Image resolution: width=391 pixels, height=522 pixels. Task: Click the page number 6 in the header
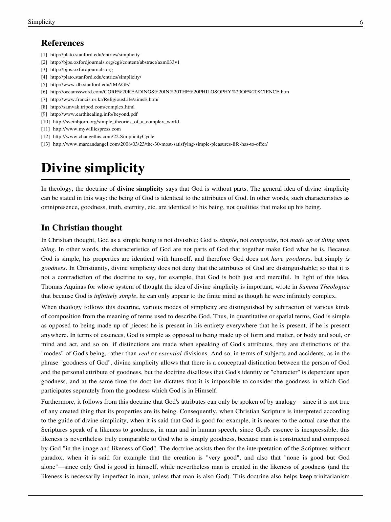click(361, 22)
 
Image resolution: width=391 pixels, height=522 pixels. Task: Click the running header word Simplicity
click(41, 22)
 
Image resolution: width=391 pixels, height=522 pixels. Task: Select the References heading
click(62, 43)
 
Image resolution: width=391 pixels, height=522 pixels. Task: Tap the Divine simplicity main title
click(93, 168)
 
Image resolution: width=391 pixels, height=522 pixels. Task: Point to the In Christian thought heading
click(81, 228)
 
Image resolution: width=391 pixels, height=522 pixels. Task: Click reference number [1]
click(44, 55)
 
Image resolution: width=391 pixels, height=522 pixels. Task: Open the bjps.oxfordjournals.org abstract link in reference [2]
click(115, 62)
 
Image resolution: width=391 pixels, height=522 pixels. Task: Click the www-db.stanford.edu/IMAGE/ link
click(90, 84)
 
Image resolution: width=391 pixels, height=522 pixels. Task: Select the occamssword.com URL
click(169, 92)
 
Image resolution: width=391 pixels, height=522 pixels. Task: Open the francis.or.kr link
click(104, 99)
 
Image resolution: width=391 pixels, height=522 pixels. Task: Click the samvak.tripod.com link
click(92, 107)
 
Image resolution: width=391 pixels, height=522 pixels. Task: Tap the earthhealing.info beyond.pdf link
click(94, 114)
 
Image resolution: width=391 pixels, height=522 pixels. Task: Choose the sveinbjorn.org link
click(116, 122)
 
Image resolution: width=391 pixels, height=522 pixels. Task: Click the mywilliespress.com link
click(87, 129)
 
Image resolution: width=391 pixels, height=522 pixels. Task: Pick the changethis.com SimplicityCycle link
click(103, 136)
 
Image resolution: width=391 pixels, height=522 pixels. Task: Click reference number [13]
click(45, 144)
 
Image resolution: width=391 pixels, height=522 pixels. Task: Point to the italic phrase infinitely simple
click(115, 296)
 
